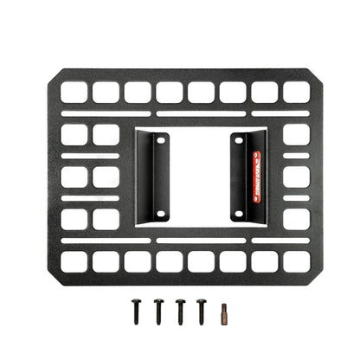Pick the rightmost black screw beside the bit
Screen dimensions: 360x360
coord(201,308)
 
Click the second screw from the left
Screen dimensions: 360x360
coord(159,308)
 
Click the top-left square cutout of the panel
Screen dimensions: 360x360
coord(74,92)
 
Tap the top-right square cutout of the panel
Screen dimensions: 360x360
coord(295,92)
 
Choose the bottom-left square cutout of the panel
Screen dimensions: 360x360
coord(74,260)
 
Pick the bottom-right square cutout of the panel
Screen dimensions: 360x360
coord(295,260)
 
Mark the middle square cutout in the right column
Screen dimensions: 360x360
coord(295,177)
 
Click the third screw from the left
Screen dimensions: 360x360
coord(180,308)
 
